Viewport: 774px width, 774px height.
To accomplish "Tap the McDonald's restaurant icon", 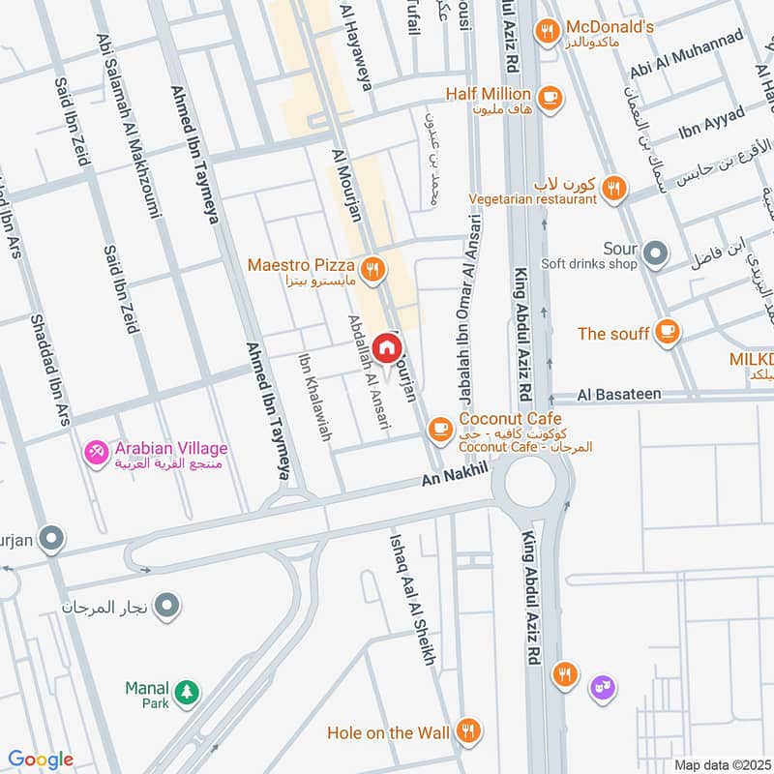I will tap(548, 32).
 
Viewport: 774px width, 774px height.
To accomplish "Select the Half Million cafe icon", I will tap(550, 98).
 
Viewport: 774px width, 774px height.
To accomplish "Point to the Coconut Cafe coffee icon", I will tap(440, 426).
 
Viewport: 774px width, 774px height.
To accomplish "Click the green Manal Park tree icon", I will tap(190, 693).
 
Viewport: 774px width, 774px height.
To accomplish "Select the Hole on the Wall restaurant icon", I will tap(469, 732).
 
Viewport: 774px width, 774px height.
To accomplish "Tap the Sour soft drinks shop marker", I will tap(657, 254).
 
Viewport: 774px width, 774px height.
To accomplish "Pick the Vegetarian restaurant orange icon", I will tap(611, 189).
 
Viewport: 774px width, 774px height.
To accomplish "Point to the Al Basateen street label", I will tap(619, 395).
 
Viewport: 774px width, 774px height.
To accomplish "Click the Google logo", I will tap(40, 759).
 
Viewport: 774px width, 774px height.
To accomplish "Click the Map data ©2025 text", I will tap(721, 764).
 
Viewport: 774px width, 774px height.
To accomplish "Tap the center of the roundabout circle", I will tap(530, 481).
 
